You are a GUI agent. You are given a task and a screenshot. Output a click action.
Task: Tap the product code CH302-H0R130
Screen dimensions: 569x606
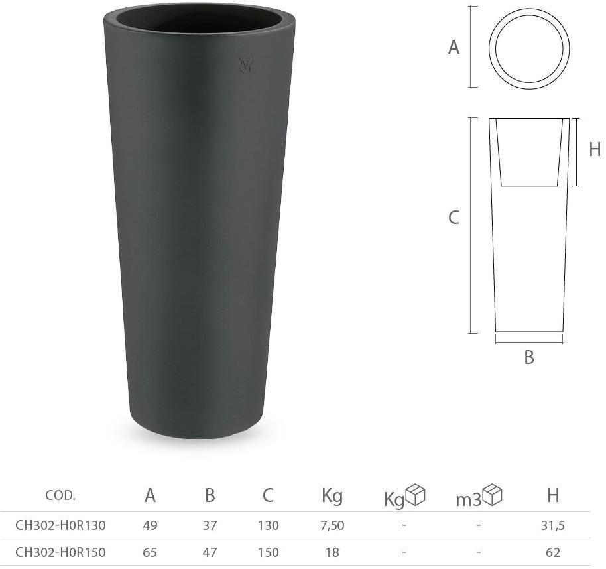tap(60, 525)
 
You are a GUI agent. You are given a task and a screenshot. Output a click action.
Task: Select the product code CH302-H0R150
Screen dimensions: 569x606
tap(60, 552)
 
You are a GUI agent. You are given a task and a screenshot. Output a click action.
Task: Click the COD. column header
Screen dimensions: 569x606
tap(60, 495)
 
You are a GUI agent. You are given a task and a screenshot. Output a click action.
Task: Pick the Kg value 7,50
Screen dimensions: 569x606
tap(332, 525)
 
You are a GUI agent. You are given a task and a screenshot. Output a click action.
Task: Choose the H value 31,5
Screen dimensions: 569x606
tap(552, 525)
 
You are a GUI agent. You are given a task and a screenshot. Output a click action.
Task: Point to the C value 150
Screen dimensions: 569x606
tap(268, 552)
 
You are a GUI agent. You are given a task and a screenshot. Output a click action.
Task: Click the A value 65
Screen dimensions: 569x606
tap(150, 552)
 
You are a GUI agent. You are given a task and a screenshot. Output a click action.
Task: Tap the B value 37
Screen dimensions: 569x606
tap(210, 525)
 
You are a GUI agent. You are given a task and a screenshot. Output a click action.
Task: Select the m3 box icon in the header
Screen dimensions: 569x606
tap(493, 495)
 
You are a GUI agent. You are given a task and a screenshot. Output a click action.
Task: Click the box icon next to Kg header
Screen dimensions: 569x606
tap(415, 495)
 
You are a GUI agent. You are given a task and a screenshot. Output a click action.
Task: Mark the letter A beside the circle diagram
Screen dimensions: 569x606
tap(454, 47)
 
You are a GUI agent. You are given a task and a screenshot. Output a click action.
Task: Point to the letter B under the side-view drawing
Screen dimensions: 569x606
tap(529, 357)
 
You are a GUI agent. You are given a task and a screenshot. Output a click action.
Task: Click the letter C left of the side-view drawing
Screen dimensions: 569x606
tap(454, 218)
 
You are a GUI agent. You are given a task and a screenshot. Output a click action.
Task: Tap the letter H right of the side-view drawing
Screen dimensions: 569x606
tap(595, 150)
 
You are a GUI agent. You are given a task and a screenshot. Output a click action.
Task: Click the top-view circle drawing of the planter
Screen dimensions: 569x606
tap(529, 47)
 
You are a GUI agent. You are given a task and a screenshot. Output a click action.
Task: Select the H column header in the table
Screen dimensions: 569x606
tap(553, 495)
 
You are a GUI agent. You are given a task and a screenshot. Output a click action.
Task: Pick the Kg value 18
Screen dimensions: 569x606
tap(332, 552)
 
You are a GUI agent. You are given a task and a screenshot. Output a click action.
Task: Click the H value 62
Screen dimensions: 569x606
tap(553, 552)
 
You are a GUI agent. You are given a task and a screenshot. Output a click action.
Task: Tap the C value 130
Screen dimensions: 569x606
tap(268, 525)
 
